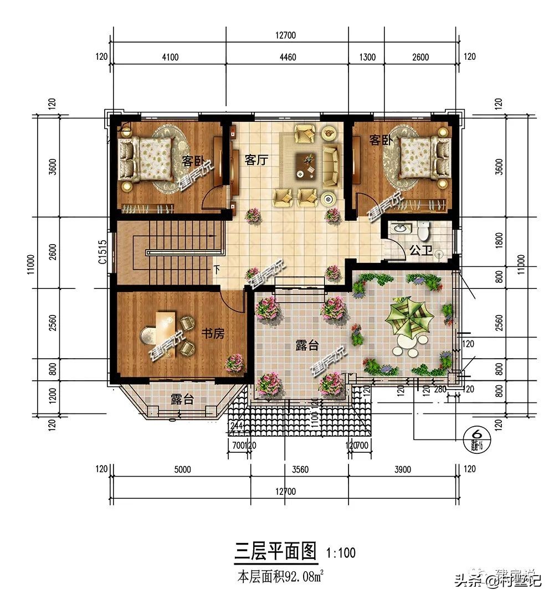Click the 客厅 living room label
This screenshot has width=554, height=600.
coord(256,161)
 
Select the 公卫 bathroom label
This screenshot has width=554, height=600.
coord(420,250)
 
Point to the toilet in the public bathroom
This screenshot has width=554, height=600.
coord(424,229)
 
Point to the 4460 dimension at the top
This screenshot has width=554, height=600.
coord(287,57)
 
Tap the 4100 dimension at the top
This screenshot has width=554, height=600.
coord(170,57)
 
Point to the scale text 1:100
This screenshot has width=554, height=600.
coord(341,552)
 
